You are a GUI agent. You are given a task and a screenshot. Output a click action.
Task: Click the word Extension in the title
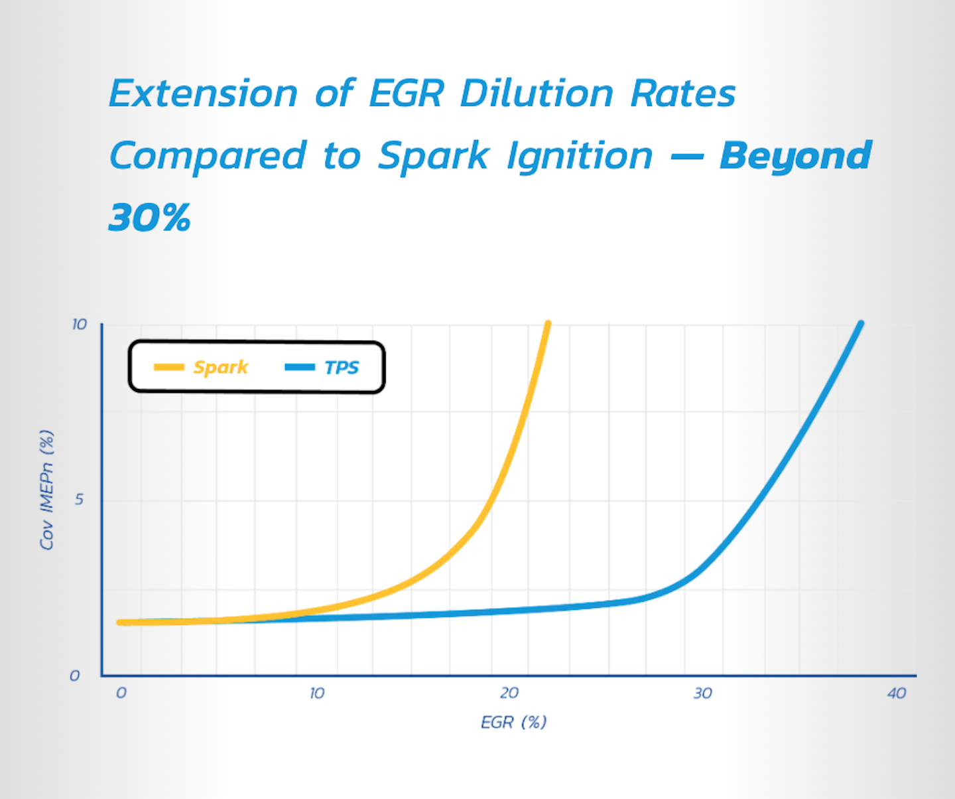203,93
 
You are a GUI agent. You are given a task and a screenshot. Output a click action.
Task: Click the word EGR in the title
406,93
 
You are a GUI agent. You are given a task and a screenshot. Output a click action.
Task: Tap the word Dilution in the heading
536,93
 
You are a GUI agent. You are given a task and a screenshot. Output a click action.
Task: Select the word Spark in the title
433,157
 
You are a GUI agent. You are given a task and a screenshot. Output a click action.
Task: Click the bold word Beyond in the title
795,157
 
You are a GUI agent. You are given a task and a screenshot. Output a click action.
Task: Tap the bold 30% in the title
150,218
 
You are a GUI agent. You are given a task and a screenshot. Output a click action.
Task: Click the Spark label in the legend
220,367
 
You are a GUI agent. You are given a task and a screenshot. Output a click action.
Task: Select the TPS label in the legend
341,367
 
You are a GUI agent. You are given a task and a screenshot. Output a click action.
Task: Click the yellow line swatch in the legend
168,367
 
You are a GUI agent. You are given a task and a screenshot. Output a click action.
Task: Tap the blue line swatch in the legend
299,367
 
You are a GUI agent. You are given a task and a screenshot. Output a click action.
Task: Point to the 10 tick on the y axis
79,324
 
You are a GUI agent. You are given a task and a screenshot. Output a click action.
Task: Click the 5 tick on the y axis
79,499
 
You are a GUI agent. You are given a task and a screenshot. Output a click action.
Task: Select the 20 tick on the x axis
509,693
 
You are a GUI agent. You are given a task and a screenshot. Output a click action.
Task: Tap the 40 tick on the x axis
896,693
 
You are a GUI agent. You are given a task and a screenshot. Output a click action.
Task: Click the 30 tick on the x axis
702,693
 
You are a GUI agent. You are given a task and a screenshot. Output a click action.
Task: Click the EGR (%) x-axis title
513,722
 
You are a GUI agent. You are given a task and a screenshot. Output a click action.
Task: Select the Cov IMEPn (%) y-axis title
46,490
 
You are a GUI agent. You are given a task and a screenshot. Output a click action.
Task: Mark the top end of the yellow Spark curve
547,325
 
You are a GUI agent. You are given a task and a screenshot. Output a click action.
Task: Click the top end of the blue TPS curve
860,325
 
